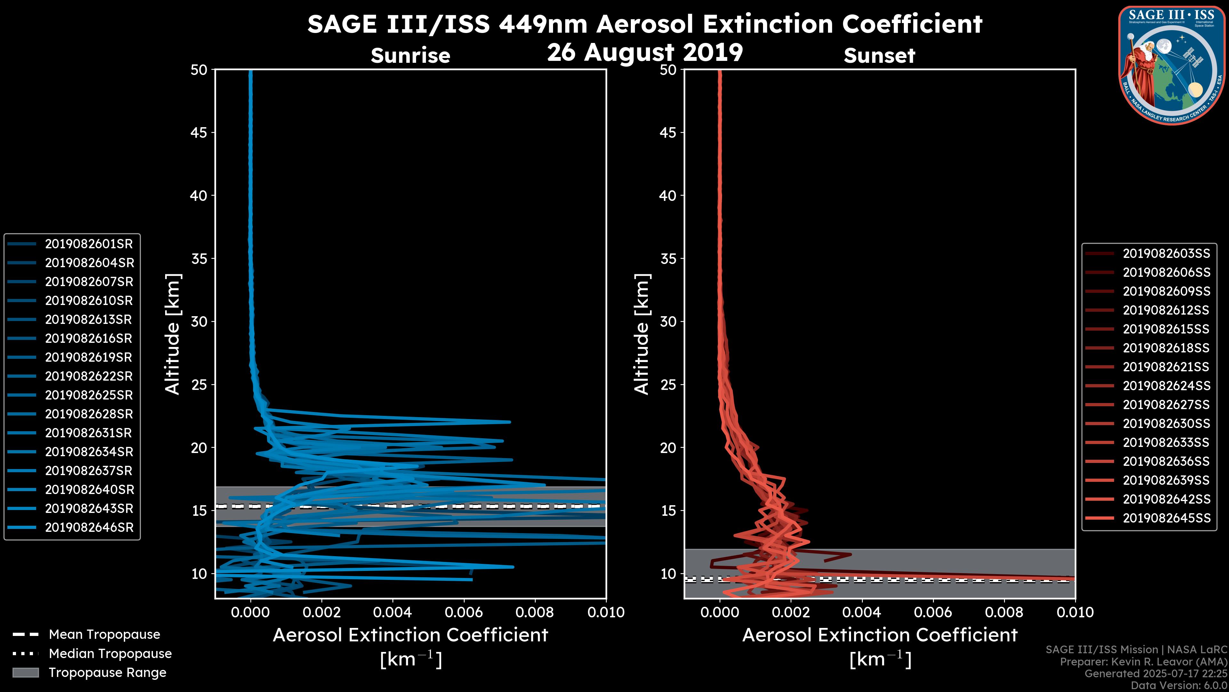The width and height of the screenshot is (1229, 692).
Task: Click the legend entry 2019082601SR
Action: click(88, 244)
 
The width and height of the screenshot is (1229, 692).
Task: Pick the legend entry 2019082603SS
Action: click(1166, 254)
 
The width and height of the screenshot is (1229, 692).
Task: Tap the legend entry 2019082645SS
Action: click(1166, 518)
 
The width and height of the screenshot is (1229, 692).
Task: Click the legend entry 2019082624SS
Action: click(1166, 386)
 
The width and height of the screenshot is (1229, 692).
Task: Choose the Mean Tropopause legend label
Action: click(104, 635)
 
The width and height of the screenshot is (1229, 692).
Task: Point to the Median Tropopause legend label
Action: click(110, 654)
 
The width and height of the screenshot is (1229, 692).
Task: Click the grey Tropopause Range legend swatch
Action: click(26, 673)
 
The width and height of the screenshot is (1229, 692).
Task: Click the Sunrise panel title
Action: click(410, 56)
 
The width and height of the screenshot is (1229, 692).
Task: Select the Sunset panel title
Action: click(879, 56)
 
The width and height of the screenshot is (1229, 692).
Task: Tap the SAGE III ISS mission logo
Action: click(1172, 65)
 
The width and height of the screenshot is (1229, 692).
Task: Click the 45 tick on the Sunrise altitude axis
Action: click(199, 133)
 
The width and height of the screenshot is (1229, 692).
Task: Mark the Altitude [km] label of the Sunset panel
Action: click(642, 334)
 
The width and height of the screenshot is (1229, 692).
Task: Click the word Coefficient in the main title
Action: click(912, 24)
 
